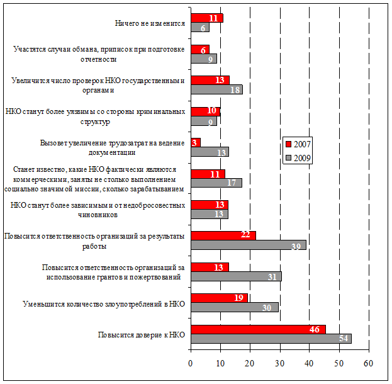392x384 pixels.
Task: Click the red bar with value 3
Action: coord(195,142)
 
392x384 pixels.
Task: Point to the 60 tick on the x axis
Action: coord(368,363)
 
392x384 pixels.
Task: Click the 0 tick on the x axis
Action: coord(191,363)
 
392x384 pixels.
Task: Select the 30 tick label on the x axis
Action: coord(279,363)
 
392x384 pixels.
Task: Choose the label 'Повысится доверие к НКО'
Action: coord(141,334)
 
